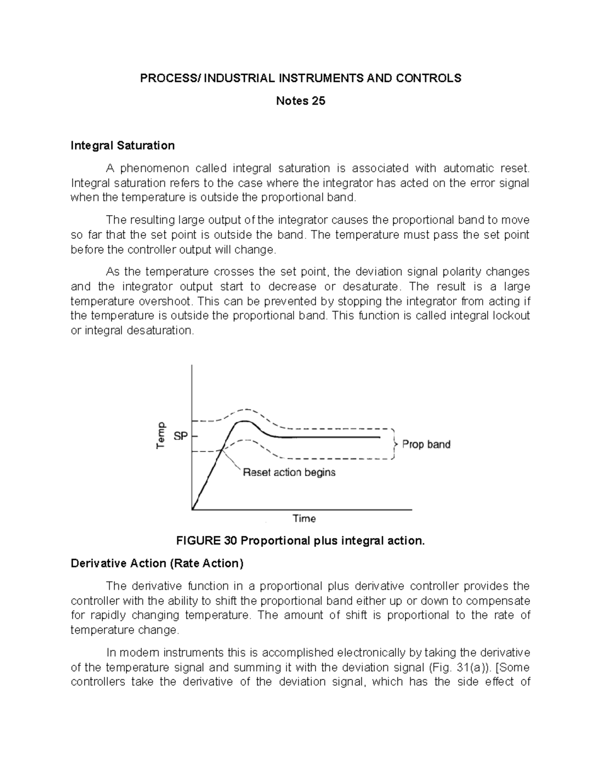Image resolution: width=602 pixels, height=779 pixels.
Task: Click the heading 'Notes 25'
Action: (300, 101)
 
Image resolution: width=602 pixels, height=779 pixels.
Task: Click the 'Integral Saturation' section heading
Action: (122, 145)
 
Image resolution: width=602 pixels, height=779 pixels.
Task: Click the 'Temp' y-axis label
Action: (161, 434)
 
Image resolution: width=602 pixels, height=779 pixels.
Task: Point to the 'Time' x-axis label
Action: (304, 519)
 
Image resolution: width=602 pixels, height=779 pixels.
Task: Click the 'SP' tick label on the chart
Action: (181, 436)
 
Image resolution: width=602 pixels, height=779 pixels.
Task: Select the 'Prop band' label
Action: (426, 444)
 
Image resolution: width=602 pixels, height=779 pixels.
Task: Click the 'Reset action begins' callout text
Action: (289, 473)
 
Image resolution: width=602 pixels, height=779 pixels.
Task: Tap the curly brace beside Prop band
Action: (396, 444)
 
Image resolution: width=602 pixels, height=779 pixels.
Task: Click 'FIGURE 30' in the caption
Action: (206, 541)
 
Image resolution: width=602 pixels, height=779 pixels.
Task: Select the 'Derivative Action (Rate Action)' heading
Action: (157, 563)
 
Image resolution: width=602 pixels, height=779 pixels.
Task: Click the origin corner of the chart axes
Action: (192, 510)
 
